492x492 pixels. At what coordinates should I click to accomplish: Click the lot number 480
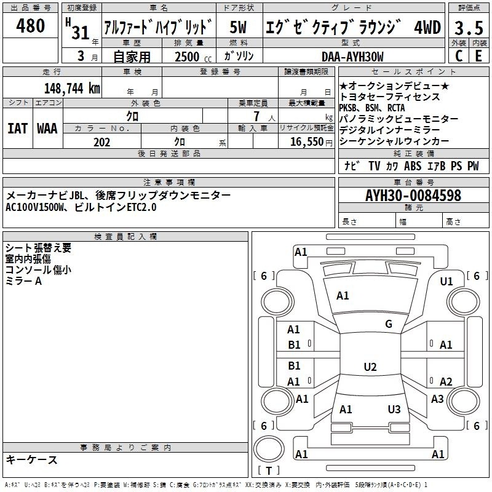(x=30, y=25)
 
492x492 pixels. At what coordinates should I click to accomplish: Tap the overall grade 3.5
(x=469, y=28)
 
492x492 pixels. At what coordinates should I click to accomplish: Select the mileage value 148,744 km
(x=72, y=88)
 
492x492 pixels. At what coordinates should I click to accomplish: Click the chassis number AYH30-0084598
(x=413, y=196)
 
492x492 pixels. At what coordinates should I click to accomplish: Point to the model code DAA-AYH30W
(x=352, y=57)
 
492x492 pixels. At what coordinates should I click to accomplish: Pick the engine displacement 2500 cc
(x=193, y=57)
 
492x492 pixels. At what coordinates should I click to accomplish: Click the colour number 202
(x=101, y=142)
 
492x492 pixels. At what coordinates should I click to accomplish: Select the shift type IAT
(x=18, y=129)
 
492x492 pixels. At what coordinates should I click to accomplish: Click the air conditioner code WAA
(x=47, y=129)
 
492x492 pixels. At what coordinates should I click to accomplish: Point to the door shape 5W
(x=238, y=27)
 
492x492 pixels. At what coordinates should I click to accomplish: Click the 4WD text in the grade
(x=427, y=27)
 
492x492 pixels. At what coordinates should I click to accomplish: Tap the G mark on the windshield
(x=389, y=324)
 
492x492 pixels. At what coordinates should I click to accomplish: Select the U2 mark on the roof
(x=370, y=367)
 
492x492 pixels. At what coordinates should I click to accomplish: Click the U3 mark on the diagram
(x=394, y=409)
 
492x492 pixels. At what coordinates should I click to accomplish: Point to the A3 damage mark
(x=437, y=399)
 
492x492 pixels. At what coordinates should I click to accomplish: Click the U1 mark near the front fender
(x=446, y=282)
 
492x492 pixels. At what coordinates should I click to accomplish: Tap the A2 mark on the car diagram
(x=445, y=381)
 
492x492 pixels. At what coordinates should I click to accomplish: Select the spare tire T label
(x=269, y=470)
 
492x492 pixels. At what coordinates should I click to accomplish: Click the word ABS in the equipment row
(x=413, y=166)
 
